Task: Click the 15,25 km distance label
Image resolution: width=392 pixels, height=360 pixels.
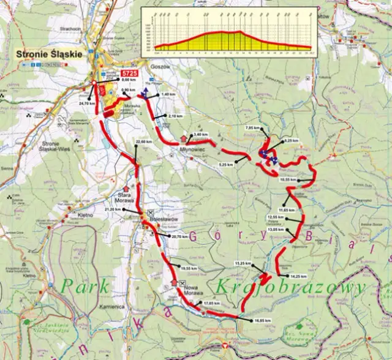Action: (243, 263)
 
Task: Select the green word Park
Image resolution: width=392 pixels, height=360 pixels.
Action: (87, 285)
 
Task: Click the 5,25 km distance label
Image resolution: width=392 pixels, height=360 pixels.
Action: (227, 164)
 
